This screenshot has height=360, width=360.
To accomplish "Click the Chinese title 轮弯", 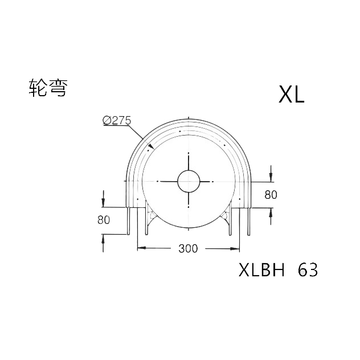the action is click(x=48, y=88).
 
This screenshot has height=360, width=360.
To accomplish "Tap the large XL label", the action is click(x=291, y=94).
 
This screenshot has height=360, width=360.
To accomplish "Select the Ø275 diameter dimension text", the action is click(x=117, y=121).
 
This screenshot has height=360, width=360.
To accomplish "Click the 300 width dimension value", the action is click(x=188, y=248).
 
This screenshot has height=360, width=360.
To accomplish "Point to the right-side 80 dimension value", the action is click(x=271, y=195).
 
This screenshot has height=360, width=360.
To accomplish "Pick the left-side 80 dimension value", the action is click(x=104, y=220).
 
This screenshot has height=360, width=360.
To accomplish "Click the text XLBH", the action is click(x=261, y=270).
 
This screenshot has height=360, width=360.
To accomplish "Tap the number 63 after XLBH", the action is click(x=308, y=270).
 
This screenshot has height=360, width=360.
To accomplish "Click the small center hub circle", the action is click(x=189, y=181).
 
